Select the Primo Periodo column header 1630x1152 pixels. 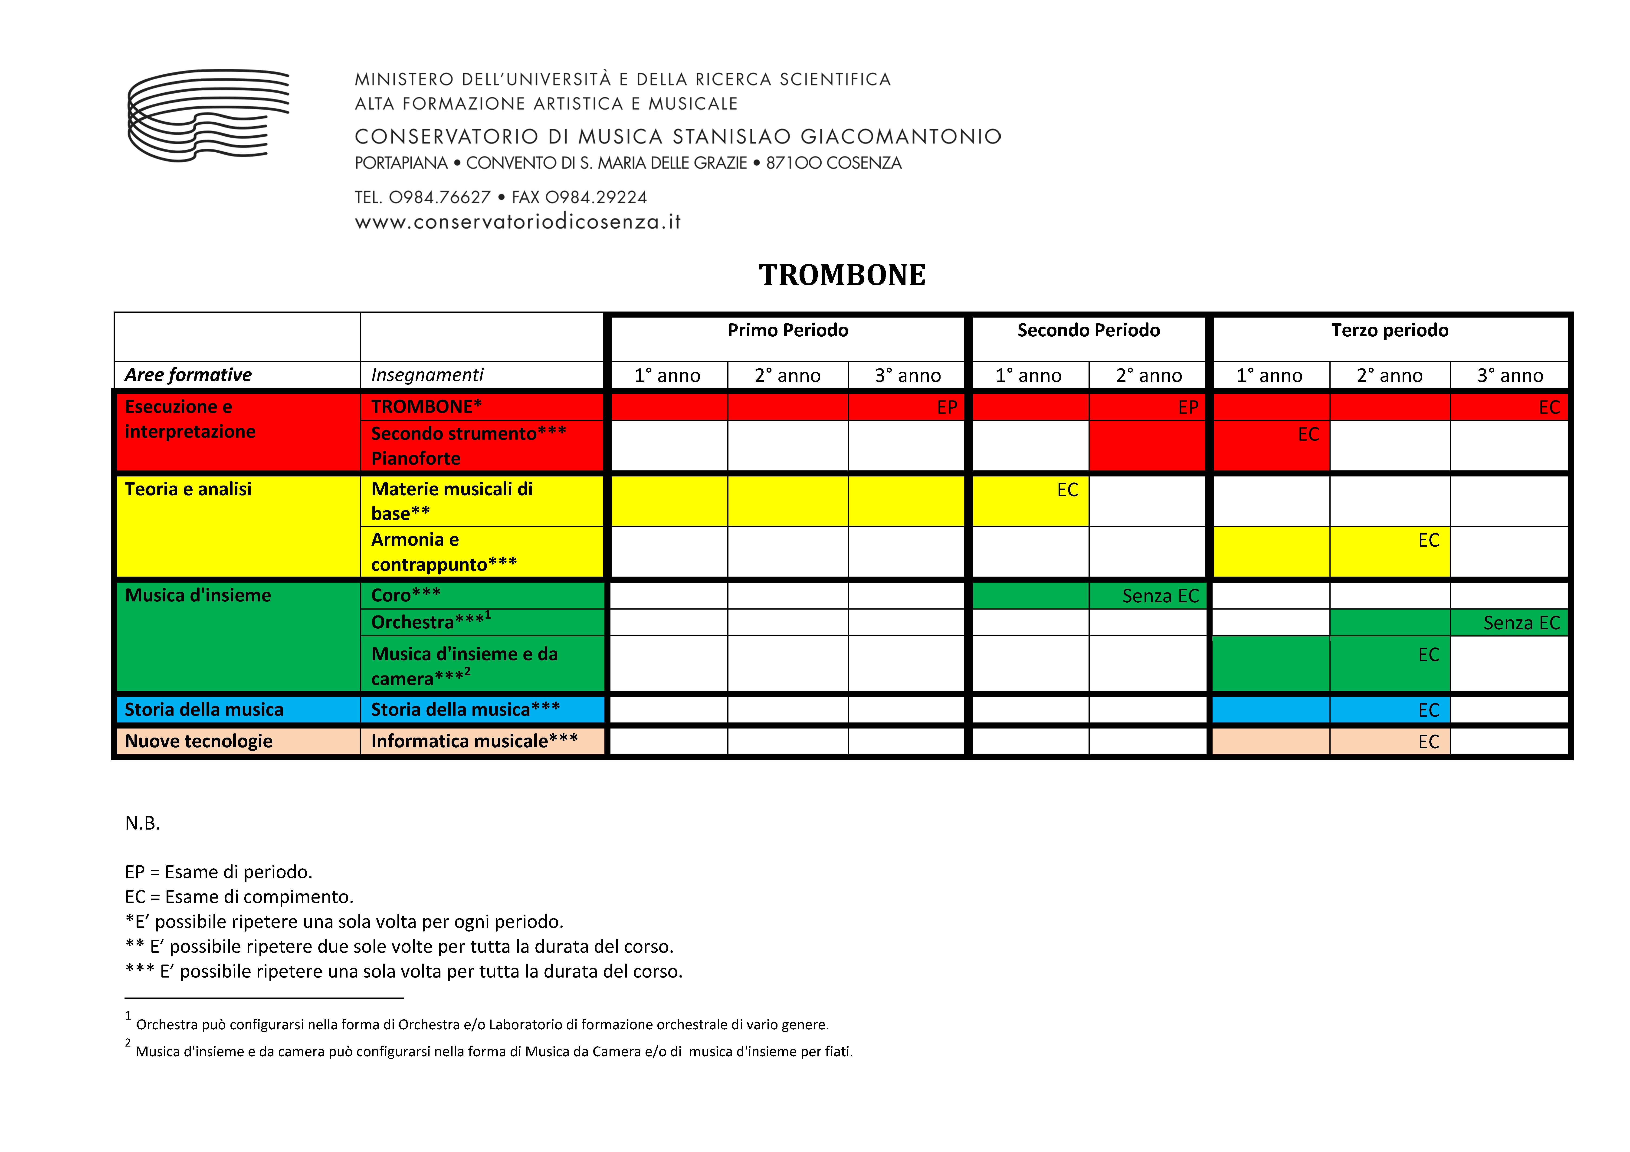787,331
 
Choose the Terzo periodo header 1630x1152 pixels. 1389,331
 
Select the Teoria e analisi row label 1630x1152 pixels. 188,489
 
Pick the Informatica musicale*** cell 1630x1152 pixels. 474,741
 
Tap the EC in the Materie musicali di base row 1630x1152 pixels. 1067,490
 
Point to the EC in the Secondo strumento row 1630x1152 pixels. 1308,434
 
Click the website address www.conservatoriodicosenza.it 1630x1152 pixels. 518,222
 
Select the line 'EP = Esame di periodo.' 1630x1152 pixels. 219,872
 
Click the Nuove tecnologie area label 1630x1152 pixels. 199,741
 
